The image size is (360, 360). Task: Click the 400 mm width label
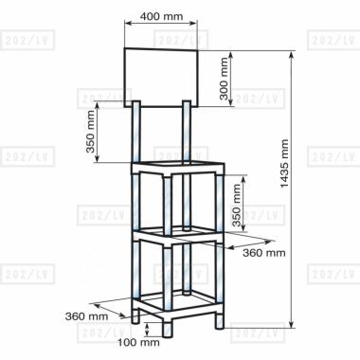(161, 16)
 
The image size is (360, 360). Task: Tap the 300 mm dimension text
(224, 79)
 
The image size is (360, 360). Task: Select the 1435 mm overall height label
(284, 164)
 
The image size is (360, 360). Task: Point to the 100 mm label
(138, 342)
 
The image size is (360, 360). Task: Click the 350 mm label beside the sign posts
(91, 132)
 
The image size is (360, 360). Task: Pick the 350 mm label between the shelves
(237, 206)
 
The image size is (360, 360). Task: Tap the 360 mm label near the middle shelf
(264, 253)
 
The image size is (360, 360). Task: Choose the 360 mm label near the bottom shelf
(86, 316)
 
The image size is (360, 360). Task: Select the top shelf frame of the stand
(178, 168)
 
